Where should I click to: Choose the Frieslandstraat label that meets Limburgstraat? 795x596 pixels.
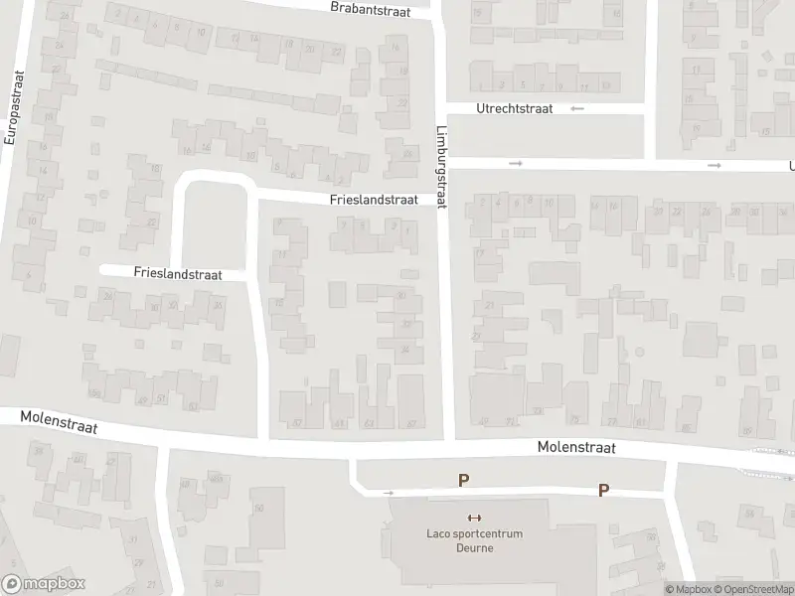(x=374, y=200)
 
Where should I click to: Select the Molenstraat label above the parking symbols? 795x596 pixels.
(x=576, y=448)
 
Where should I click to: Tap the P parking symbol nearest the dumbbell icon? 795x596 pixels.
(x=463, y=480)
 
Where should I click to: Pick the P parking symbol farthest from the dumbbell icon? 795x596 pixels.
(x=603, y=490)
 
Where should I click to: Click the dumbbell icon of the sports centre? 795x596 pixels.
(x=473, y=518)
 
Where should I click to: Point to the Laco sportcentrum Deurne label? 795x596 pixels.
(x=473, y=539)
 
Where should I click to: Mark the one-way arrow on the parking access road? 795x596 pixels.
(x=389, y=492)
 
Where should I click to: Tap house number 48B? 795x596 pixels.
(x=216, y=481)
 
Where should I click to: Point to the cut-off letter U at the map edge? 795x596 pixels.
(x=791, y=167)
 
